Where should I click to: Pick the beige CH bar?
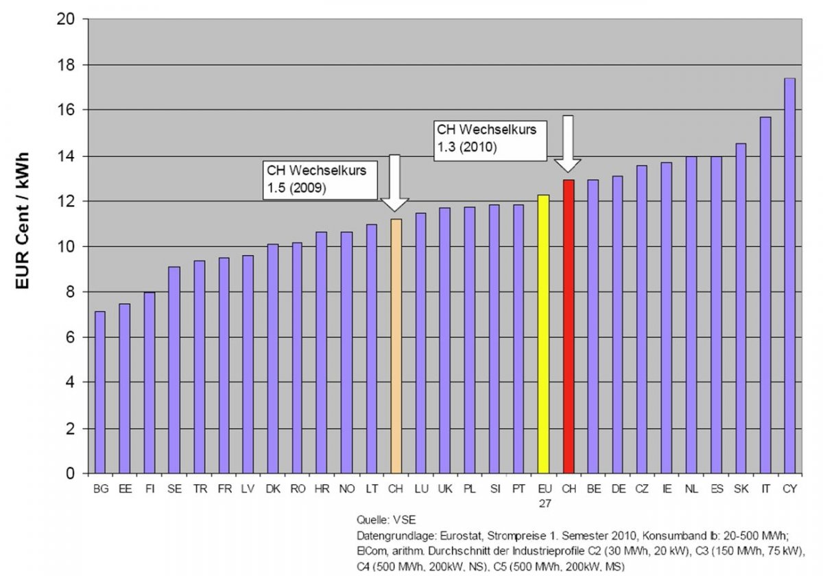(396, 346)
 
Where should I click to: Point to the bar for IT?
(765, 295)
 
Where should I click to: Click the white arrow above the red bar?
(568, 144)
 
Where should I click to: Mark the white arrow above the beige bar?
(394, 183)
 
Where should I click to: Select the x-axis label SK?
(741, 489)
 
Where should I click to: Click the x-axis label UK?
(444, 489)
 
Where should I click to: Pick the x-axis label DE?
(617, 489)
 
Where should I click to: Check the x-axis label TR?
(198, 489)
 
